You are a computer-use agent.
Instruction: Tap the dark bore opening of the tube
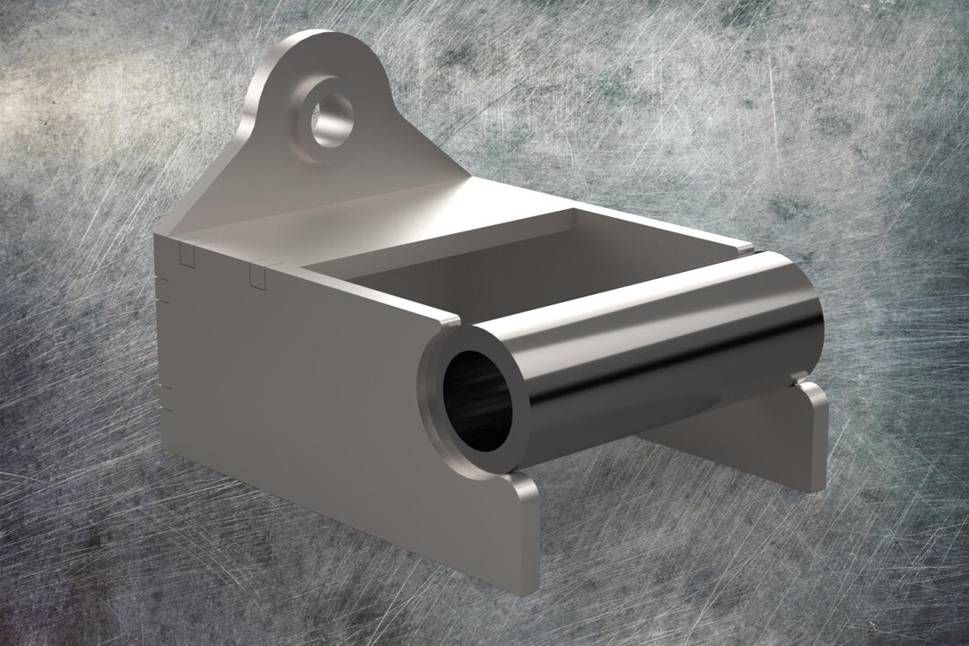tap(476, 400)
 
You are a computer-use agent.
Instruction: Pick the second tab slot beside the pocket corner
tap(258, 275)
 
